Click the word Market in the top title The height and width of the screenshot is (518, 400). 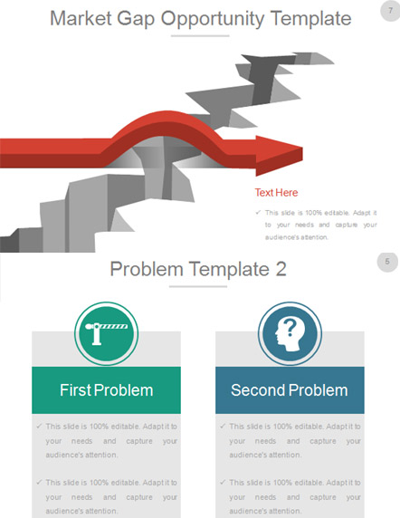coord(81,18)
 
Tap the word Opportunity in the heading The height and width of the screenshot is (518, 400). coord(212,19)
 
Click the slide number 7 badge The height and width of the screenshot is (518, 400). coord(390,11)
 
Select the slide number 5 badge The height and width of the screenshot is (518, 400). coord(387,262)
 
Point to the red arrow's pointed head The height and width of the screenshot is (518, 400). coord(302,153)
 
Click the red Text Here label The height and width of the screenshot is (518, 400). coord(276,193)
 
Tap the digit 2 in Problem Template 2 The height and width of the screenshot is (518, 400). coord(281,269)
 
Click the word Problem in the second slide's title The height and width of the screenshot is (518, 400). coord(147,269)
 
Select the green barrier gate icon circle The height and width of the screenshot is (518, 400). coord(106,333)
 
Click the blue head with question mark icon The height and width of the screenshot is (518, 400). coord(290,334)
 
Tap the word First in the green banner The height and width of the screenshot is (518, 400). coord(76,390)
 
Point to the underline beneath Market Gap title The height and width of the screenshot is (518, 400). coord(200,35)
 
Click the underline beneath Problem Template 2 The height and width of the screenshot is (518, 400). coord(198,286)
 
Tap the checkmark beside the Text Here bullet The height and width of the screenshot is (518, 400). coord(258,213)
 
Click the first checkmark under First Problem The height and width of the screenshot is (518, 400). coord(39,427)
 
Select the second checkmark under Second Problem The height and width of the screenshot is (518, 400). coord(223,483)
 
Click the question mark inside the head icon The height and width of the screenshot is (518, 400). coord(290,327)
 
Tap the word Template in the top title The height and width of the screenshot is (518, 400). coord(310,18)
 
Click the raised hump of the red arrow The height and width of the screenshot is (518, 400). coord(167,120)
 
